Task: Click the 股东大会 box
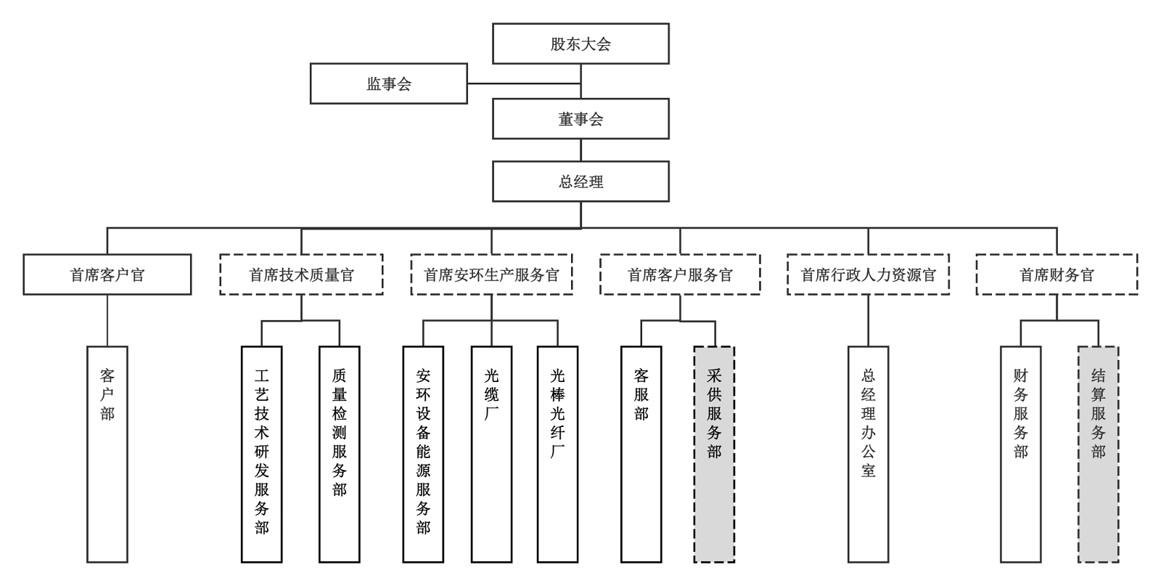tap(580, 44)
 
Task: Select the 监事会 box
tap(388, 84)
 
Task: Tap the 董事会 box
tap(580, 119)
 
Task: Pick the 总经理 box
tap(580, 182)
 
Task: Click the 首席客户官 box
tap(107, 274)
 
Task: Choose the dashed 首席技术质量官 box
tap(301, 274)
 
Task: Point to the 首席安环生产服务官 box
tap(491, 274)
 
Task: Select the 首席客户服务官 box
tap(680, 274)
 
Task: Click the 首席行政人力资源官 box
tap(868, 274)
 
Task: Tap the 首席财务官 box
tap(1057, 274)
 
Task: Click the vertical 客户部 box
tap(107, 454)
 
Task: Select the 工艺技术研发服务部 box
tap(262, 454)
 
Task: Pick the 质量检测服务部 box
tap(340, 454)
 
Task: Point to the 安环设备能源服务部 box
tap(423, 454)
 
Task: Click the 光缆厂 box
tap(491, 454)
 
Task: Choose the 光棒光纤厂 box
tap(557, 454)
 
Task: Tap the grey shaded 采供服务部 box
tap(714, 454)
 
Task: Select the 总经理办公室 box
tap(868, 454)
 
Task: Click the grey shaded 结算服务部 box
tap(1098, 454)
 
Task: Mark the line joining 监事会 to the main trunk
tap(524, 83)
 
